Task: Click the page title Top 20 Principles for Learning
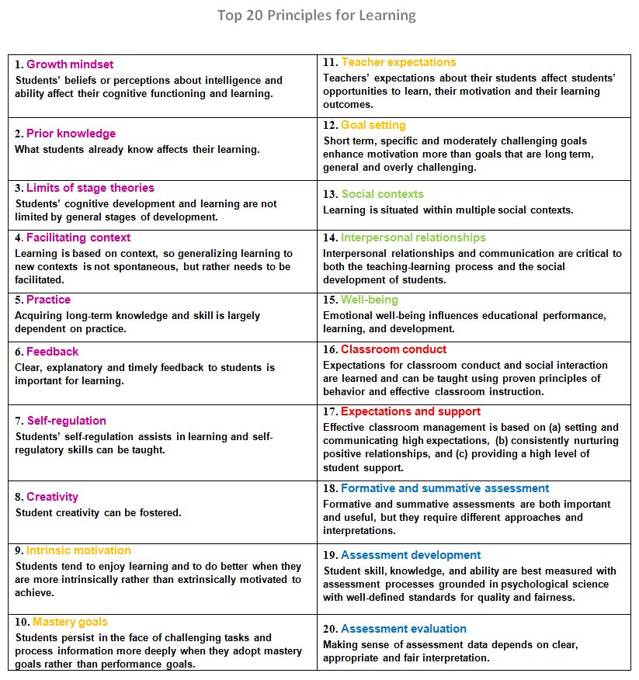(x=317, y=16)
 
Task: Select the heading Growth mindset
(x=70, y=64)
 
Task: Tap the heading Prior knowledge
(x=71, y=134)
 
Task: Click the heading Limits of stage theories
(x=90, y=188)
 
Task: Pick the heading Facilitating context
(x=78, y=238)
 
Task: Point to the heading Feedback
(x=53, y=352)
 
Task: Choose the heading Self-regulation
(x=67, y=421)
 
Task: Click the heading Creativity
(x=53, y=497)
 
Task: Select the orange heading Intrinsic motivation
(x=78, y=550)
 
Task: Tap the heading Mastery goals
(x=70, y=622)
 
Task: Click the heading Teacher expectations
(x=399, y=62)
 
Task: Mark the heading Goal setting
(x=373, y=125)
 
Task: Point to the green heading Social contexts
(x=383, y=194)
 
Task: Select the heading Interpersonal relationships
(x=413, y=238)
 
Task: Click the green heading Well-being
(x=370, y=300)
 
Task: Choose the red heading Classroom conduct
(x=394, y=349)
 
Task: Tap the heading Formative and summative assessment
(x=445, y=488)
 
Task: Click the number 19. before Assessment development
(x=330, y=555)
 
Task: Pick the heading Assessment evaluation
(x=404, y=629)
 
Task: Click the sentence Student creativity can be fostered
(x=98, y=512)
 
